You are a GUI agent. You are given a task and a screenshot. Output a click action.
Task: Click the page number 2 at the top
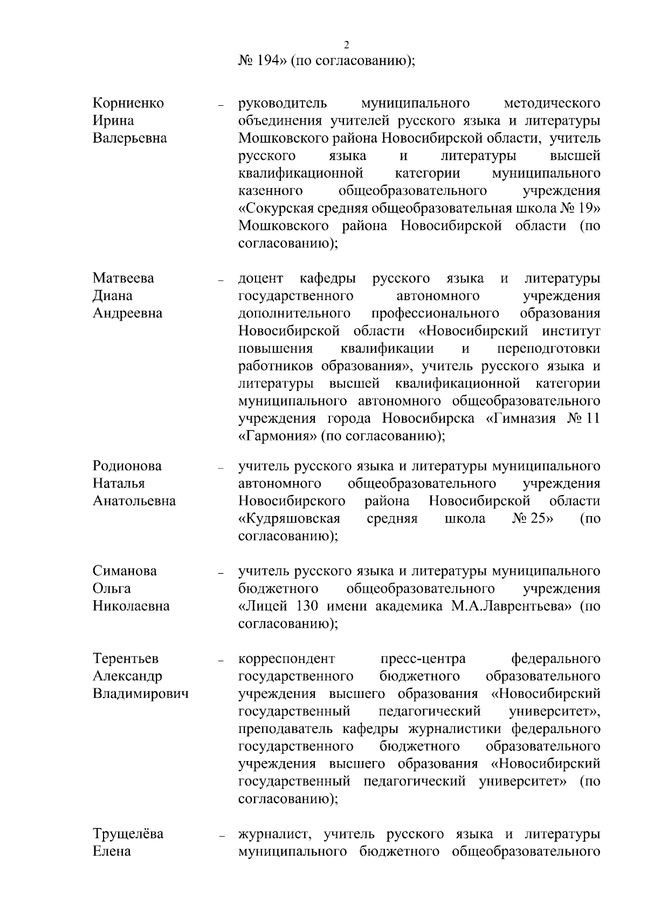[346, 44]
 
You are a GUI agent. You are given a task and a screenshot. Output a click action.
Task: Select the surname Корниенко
[128, 103]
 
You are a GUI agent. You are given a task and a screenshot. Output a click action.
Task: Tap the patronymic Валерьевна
[130, 138]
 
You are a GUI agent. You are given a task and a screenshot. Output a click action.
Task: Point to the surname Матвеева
[123, 279]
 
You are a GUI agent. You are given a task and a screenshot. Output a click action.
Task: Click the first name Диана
[113, 296]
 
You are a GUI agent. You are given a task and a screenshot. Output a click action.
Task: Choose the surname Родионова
[127, 466]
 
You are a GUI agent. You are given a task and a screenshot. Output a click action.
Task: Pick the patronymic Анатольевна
[134, 501]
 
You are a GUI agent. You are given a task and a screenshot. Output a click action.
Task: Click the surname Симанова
[125, 571]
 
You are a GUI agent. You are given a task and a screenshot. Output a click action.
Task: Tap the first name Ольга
[112, 588]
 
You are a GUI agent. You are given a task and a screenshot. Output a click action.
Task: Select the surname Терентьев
[126, 659]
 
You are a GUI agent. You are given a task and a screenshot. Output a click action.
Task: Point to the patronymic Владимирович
[141, 694]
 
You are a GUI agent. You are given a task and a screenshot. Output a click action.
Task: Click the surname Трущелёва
[128, 834]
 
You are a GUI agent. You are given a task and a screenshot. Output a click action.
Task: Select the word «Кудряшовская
[289, 519]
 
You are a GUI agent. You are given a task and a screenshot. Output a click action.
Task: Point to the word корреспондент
[287, 659]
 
